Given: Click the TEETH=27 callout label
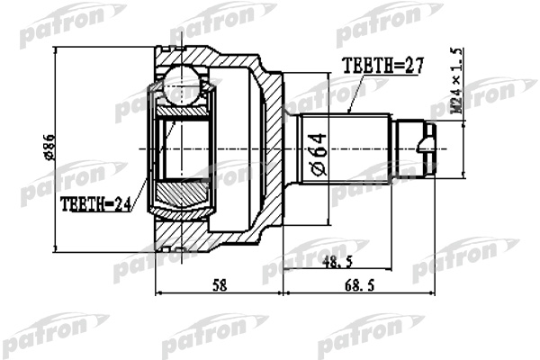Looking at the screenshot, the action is click(x=382, y=66).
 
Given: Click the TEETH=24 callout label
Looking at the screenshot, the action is click(x=95, y=204).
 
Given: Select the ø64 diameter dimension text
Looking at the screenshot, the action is click(x=319, y=155).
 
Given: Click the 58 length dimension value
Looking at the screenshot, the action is click(x=220, y=285).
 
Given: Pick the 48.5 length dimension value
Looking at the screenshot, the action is click(x=337, y=263).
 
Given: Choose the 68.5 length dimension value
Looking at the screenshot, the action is click(x=359, y=285).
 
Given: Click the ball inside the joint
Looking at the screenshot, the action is click(x=181, y=84).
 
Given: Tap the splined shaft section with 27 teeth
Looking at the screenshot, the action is click(x=346, y=148).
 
